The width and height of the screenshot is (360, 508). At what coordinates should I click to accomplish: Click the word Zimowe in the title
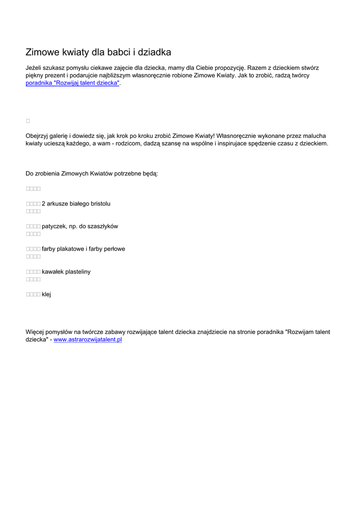[x=42, y=52]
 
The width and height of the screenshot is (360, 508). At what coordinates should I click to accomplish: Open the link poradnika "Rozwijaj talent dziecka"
[x=72, y=83]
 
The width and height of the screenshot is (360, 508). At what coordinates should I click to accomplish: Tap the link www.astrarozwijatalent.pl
[x=87, y=340]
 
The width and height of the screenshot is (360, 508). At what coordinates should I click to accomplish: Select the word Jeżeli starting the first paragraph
[x=34, y=67]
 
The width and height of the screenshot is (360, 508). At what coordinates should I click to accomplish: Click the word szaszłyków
[x=103, y=226]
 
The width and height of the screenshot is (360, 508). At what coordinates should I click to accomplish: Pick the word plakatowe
[x=72, y=249]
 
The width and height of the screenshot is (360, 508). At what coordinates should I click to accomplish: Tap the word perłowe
[x=114, y=249]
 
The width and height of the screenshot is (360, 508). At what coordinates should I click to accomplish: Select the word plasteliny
[x=78, y=272]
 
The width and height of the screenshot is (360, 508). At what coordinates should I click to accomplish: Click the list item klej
[x=46, y=294]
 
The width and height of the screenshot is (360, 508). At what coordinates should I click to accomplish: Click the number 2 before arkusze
[x=44, y=203]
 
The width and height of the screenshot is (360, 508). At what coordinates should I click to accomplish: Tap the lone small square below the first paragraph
[x=28, y=121]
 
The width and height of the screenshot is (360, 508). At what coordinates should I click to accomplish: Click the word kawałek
[x=53, y=272]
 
